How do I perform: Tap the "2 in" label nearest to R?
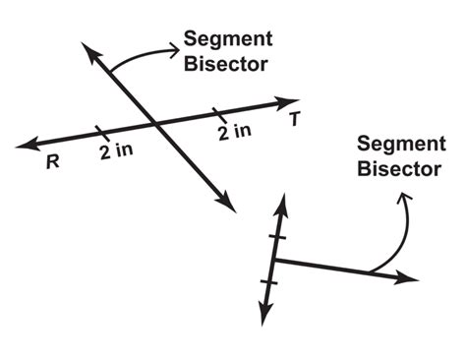(x=117, y=153)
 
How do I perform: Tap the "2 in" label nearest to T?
(x=235, y=131)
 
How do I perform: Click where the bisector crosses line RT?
(x=155, y=122)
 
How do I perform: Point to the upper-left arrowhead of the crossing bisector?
(x=89, y=51)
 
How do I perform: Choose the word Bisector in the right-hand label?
(x=397, y=169)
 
